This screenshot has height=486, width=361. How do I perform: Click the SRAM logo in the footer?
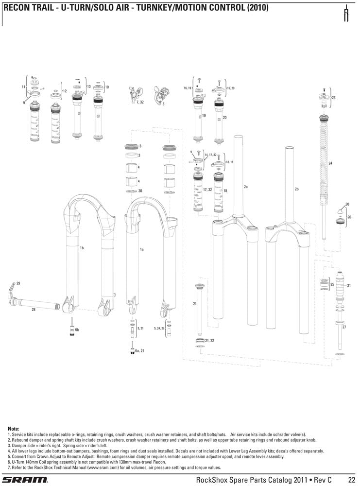coord(25,480)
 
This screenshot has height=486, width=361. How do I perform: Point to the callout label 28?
coord(33,310)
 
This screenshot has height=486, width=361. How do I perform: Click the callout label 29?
coord(18,283)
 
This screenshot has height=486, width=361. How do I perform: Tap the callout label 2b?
coord(297,189)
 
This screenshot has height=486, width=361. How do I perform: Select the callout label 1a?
coord(142,249)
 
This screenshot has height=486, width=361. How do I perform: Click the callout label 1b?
coord(82,248)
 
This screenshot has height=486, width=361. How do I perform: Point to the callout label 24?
coord(330,163)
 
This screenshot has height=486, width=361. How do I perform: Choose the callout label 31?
coord(349,285)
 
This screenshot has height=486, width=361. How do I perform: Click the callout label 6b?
coord(77,330)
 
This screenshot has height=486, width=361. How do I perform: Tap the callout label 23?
coord(334,98)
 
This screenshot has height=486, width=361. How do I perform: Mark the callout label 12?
coord(65,91)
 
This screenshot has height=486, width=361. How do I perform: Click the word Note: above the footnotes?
coord(14,429)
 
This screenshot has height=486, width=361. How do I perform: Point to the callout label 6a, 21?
coord(140,350)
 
